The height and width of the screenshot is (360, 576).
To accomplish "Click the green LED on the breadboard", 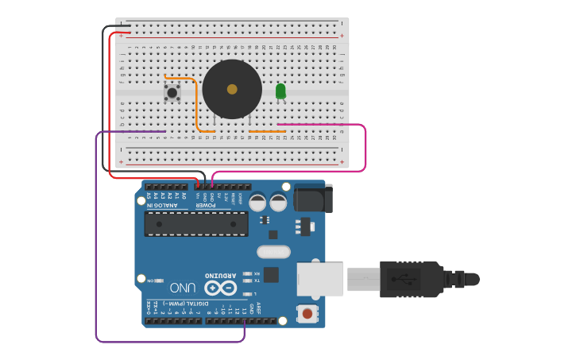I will tap(280, 92).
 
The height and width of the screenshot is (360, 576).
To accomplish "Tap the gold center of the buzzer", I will tap(231, 89).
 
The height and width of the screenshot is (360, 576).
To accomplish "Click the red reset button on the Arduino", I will tap(307, 314).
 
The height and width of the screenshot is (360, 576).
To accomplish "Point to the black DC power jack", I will tap(311, 199).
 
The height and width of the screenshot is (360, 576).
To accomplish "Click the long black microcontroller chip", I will tap(195, 224).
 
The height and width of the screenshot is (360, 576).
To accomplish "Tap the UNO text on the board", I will tap(182, 286).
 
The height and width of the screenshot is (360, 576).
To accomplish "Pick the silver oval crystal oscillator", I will tap(274, 253).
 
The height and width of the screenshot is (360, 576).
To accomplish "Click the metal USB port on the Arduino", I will tap(321, 279).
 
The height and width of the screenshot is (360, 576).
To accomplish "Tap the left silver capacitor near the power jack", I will tap(257, 203).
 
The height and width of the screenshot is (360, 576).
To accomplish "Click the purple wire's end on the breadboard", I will tap(164, 131).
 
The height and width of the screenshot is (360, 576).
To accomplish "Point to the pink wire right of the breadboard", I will tap(365, 147).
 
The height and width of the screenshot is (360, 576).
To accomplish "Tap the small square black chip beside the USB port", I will tap(272, 275).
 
